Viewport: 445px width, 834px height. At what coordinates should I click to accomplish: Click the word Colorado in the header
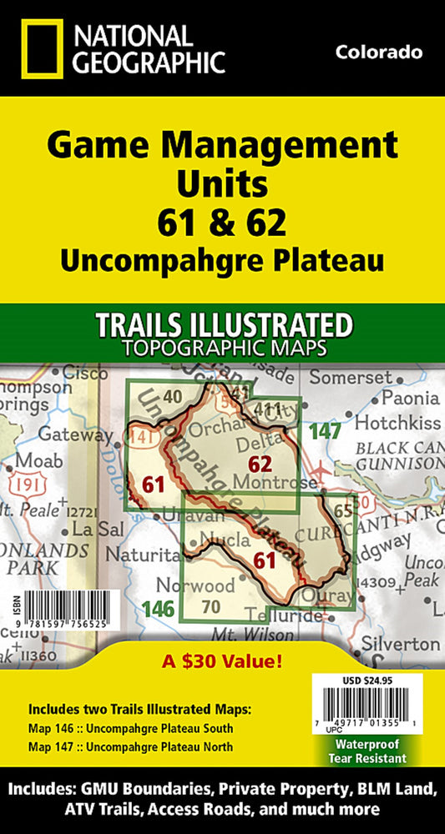(x=378, y=53)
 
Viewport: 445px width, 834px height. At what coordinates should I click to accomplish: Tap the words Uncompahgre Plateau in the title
(x=222, y=260)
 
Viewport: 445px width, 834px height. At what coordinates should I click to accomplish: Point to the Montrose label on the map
(x=286, y=482)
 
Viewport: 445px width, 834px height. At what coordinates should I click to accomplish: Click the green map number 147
(x=325, y=431)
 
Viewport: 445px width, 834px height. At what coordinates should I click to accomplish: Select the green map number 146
(x=158, y=610)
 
